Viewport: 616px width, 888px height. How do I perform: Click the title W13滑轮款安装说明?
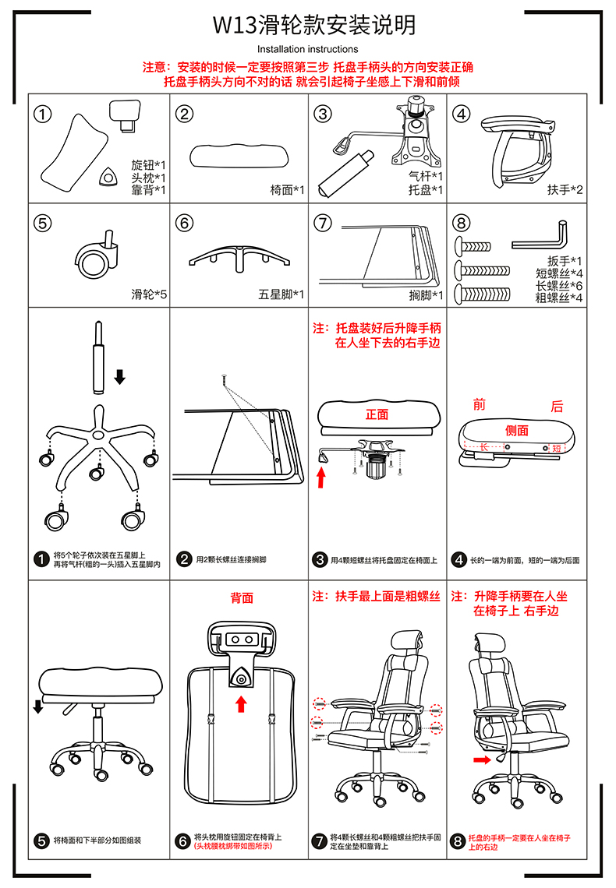[314, 25]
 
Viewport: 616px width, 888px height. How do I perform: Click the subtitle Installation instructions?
[308, 49]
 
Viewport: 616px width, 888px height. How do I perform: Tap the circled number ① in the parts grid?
[43, 114]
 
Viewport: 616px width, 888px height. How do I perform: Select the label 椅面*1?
[287, 190]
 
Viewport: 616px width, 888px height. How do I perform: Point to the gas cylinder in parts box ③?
[345, 174]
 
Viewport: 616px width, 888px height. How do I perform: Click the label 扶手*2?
[565, 190]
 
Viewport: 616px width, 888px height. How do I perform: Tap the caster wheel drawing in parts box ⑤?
[97, 255]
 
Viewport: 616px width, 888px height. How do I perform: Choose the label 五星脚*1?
[281, 294]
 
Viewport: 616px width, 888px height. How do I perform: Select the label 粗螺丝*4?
[559, 298]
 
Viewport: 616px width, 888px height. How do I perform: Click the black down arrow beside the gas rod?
[119, 376]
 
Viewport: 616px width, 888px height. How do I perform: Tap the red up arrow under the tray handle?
[321, 477]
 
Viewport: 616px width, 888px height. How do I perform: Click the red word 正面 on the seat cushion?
[377, 414]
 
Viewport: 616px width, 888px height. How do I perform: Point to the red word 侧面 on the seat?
[517, 431]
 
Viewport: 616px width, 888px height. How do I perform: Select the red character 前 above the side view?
[480, 404]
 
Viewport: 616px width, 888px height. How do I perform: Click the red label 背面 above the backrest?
[242, 598]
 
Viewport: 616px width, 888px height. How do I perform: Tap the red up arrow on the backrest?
[242, 704]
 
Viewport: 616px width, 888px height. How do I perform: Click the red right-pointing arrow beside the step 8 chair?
[482, 760]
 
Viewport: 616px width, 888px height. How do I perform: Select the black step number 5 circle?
[41, 840]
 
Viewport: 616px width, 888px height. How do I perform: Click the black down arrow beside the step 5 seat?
[38, 707]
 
